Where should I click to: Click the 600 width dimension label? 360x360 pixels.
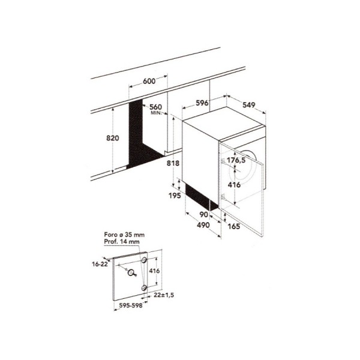pos(149,81)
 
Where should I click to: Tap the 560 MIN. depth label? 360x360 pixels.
pos(155,109)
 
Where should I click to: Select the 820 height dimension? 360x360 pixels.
pos(113,138)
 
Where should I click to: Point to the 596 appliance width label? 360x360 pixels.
pos(202,103)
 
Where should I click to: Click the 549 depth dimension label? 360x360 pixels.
pos(249,105)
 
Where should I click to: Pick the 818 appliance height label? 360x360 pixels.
pos(173,163)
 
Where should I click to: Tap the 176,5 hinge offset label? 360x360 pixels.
pos(236,160)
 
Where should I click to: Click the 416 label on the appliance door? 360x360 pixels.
pos(234,185)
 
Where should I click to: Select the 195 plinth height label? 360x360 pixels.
pos(175,196)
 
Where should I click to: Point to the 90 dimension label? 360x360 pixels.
pos(203,215)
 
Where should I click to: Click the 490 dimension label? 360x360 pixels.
pos(203,225)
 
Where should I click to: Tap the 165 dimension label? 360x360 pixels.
pos(234,226)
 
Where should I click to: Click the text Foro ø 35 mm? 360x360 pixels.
pos(124,235)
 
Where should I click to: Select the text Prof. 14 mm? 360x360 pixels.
pos(122,242)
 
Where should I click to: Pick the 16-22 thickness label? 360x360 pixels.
pos(100,264)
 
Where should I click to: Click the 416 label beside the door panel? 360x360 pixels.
pos(154,271)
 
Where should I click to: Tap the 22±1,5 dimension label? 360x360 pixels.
pos(164,295)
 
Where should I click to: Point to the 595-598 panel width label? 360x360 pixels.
pos(131,305)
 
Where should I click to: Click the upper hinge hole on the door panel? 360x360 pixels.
pos(144,260)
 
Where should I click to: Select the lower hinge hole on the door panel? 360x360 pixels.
pos(144,287)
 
